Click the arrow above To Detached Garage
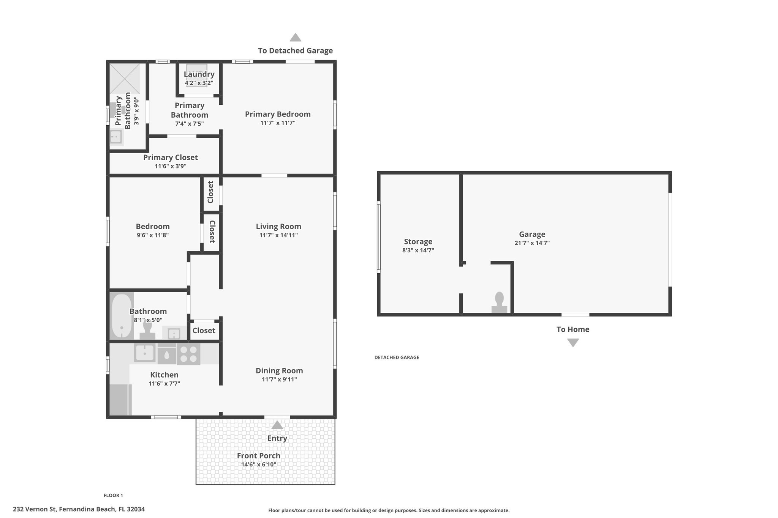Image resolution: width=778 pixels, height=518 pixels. coord(296,38)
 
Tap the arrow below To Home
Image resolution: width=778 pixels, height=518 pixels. coord(573,343)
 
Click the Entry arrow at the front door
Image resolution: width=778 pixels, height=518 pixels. coord(277,425)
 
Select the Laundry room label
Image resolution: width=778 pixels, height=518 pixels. coord(199,74)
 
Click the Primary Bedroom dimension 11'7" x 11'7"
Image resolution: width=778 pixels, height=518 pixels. coord(278,123)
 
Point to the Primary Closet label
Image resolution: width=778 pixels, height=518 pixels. coord(171,157)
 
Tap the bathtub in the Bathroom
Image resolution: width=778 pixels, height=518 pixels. coord(122,316)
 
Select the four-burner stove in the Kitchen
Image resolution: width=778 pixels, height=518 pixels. coord(188,354)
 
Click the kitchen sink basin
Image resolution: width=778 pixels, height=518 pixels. coord(145,353)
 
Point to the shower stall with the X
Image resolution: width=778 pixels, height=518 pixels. coord(125,79)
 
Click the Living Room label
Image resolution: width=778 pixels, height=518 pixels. coord(278,227)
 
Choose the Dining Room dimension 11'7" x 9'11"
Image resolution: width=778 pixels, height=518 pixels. coord(279,379)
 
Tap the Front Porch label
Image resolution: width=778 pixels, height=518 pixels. coord(259,456)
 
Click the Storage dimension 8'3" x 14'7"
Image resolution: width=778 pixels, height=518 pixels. coord(418,250)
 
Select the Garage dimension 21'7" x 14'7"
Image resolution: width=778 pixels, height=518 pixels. coord(532,243)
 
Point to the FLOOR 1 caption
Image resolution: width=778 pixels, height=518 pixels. coord(113,495)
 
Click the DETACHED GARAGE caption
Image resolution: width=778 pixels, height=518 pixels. coord(397,357)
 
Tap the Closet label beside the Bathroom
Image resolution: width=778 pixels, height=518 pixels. coord(204,331)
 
